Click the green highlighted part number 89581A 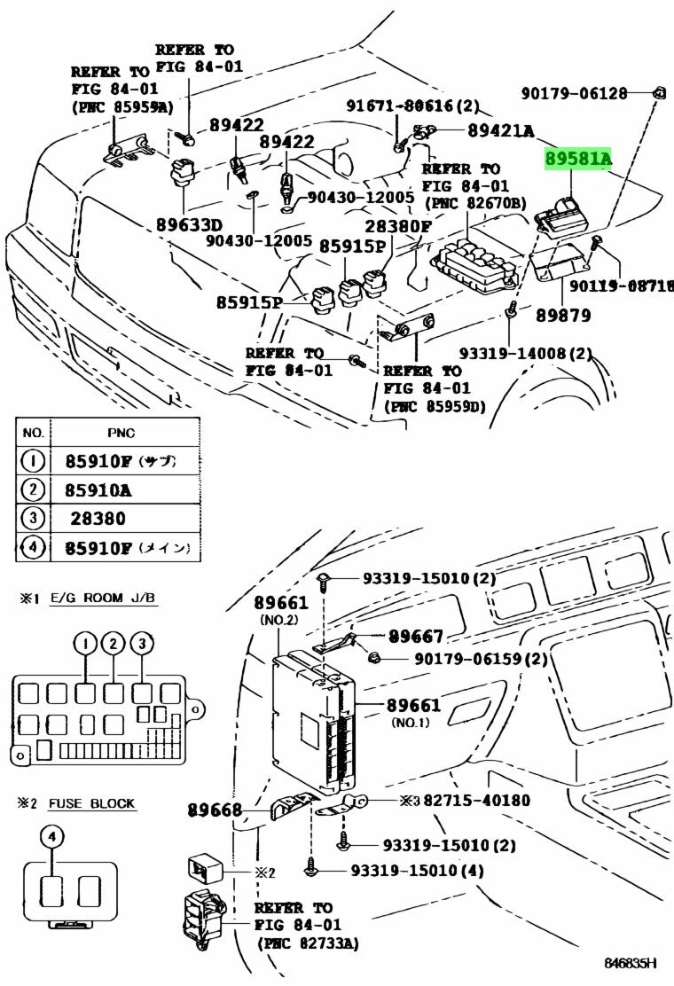(578, 159)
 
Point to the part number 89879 (563, 315)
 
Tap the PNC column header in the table (121, 433)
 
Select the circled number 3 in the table (33, 517)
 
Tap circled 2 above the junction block (113, 644)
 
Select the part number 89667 (415, 637)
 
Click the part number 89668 (215, 810)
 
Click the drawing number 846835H (631, 963)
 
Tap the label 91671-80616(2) (411, 106)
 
